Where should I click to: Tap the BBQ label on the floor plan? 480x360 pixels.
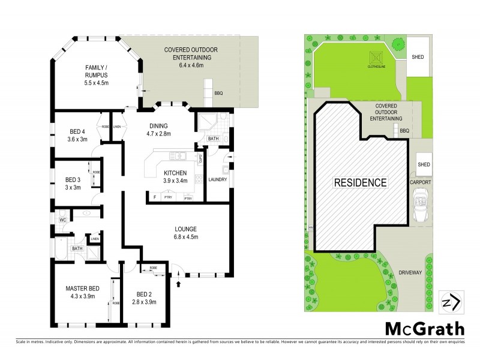tap(219, 93)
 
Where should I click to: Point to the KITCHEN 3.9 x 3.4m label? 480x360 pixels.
tap(175, 177)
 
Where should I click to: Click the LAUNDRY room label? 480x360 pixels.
tap(217, 178)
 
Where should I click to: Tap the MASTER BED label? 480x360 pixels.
tap(82, 292)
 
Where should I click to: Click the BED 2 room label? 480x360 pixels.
tap(143, 298)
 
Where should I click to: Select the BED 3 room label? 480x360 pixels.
tap(73, 183)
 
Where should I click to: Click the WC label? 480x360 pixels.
tap(62, 220)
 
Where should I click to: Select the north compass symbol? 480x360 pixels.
tap(451, 302)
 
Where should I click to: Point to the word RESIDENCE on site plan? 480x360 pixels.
tap(360, 182)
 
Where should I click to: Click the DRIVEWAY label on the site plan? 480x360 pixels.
tap(412, 272)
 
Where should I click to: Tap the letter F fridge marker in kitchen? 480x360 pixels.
tap(155, 197)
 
